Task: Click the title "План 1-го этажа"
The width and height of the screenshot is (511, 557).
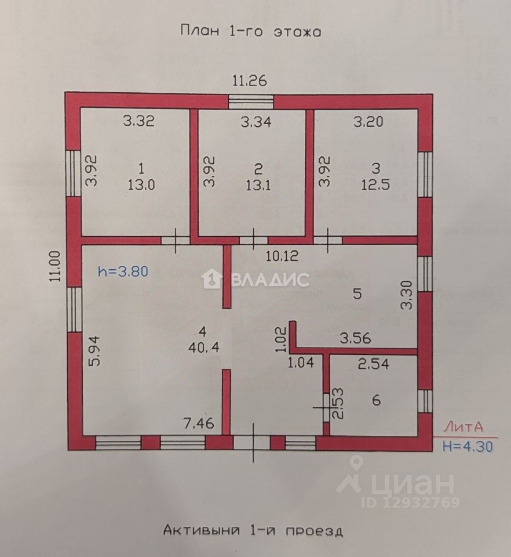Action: [x=250, y=31]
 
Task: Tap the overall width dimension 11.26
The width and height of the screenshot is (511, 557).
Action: [x=250, y=81]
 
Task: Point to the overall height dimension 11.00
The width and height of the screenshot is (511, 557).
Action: [x=56, y=265]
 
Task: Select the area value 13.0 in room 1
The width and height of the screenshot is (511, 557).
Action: [x=141, y=184]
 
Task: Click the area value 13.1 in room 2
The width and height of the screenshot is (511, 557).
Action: [x=258, y=184]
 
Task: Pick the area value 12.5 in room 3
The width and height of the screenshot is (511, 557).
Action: [x=376, y=184]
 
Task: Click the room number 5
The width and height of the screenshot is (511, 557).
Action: [x=357, y=294]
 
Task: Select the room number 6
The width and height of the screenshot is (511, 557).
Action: [x=376, y=400]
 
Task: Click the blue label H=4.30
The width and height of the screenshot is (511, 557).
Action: [x=469, y=446]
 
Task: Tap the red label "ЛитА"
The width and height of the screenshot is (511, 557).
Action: [x=463, y=428]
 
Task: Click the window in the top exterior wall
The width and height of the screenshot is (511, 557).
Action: [x=250, y=102]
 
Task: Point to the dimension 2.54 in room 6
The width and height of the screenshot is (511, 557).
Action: [x=373, y=365]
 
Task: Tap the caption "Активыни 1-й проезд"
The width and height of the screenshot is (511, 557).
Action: [x=253, y=530]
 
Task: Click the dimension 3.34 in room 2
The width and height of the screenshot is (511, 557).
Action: [x=256, y=122]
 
